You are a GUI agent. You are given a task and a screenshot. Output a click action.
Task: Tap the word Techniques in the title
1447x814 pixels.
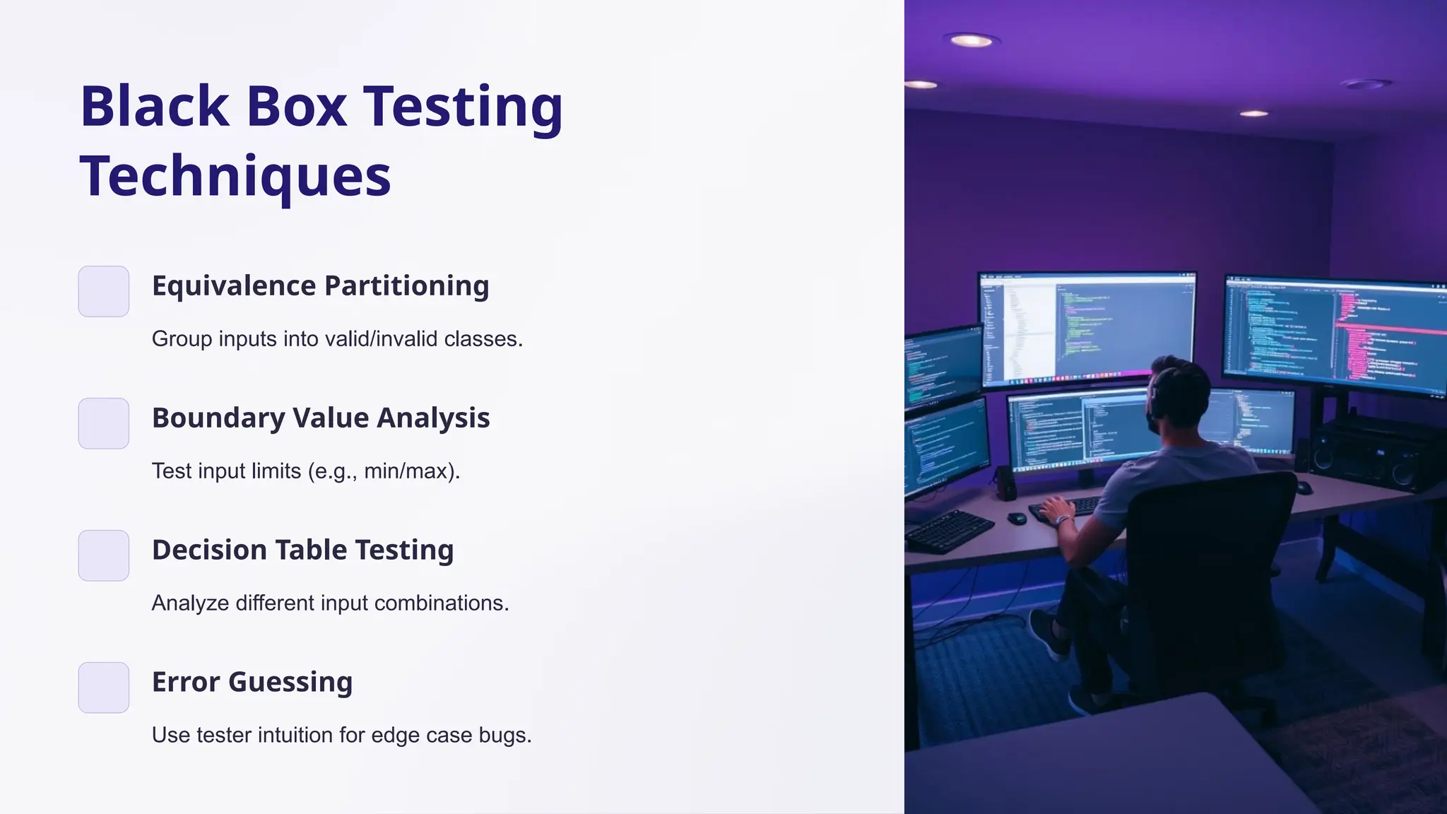[x=235, y=176]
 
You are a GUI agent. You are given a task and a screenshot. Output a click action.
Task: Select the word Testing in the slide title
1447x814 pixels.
[x=463, y=107]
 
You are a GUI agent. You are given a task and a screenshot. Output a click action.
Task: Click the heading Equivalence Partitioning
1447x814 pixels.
[x=320, y=285]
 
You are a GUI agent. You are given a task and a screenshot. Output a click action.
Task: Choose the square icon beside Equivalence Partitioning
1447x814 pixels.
[x=104, y=291]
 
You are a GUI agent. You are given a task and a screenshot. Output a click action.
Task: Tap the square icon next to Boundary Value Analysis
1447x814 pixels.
[x=104, y=423]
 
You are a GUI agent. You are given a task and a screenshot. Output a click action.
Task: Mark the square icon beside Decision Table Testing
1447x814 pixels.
[x=104, y=555]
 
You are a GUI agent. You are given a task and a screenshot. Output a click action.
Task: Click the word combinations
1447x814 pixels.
[x=441, y=603]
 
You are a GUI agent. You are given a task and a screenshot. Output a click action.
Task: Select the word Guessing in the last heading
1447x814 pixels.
[x=290, y=682]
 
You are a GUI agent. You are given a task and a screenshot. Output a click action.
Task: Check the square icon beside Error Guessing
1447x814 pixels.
[x=104, y=688]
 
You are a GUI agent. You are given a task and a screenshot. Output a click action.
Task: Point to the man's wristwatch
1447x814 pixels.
[x=1061, y=521]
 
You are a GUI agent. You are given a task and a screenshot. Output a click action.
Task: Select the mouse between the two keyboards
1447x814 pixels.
[x=1016, y=518]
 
